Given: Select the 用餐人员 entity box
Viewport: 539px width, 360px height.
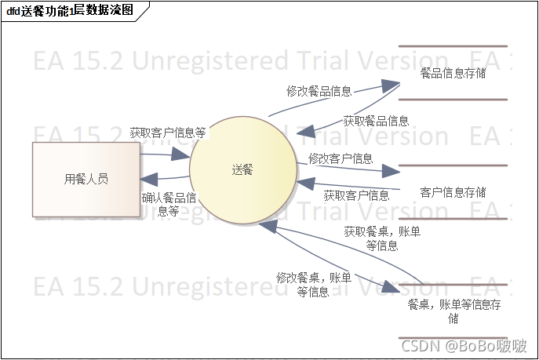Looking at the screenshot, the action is click(x=86, y=179).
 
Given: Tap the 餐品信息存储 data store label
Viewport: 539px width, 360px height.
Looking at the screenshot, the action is click(x=453, y=73).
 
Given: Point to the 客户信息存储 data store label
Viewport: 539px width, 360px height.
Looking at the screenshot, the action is click(x=453, y=192).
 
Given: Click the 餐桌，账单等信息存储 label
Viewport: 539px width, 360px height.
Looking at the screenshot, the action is click(x=453, y=311).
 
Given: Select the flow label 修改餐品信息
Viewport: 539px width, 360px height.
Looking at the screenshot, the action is click(x=319, y=91).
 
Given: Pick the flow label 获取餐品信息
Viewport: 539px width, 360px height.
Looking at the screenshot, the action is click(x=376, y=121).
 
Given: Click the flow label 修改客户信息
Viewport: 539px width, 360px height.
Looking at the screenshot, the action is click(x=341, y=158).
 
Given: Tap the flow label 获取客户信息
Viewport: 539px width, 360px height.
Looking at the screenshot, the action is click(x=356, y=195).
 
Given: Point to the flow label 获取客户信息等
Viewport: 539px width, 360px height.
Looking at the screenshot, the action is click(x=168, y=133).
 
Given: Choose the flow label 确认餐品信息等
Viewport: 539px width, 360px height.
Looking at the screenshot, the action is click(x=169, y=204).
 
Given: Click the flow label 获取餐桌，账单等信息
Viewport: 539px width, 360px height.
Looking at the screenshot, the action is click(x=381, y=238).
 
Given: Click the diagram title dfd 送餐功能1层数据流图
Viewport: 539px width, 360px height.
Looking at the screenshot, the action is click(x=69, y=10).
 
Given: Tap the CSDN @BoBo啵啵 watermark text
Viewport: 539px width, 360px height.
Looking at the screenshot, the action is click(x=464, y=346).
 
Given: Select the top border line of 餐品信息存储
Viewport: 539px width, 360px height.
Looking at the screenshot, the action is click(x=453, y=46).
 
